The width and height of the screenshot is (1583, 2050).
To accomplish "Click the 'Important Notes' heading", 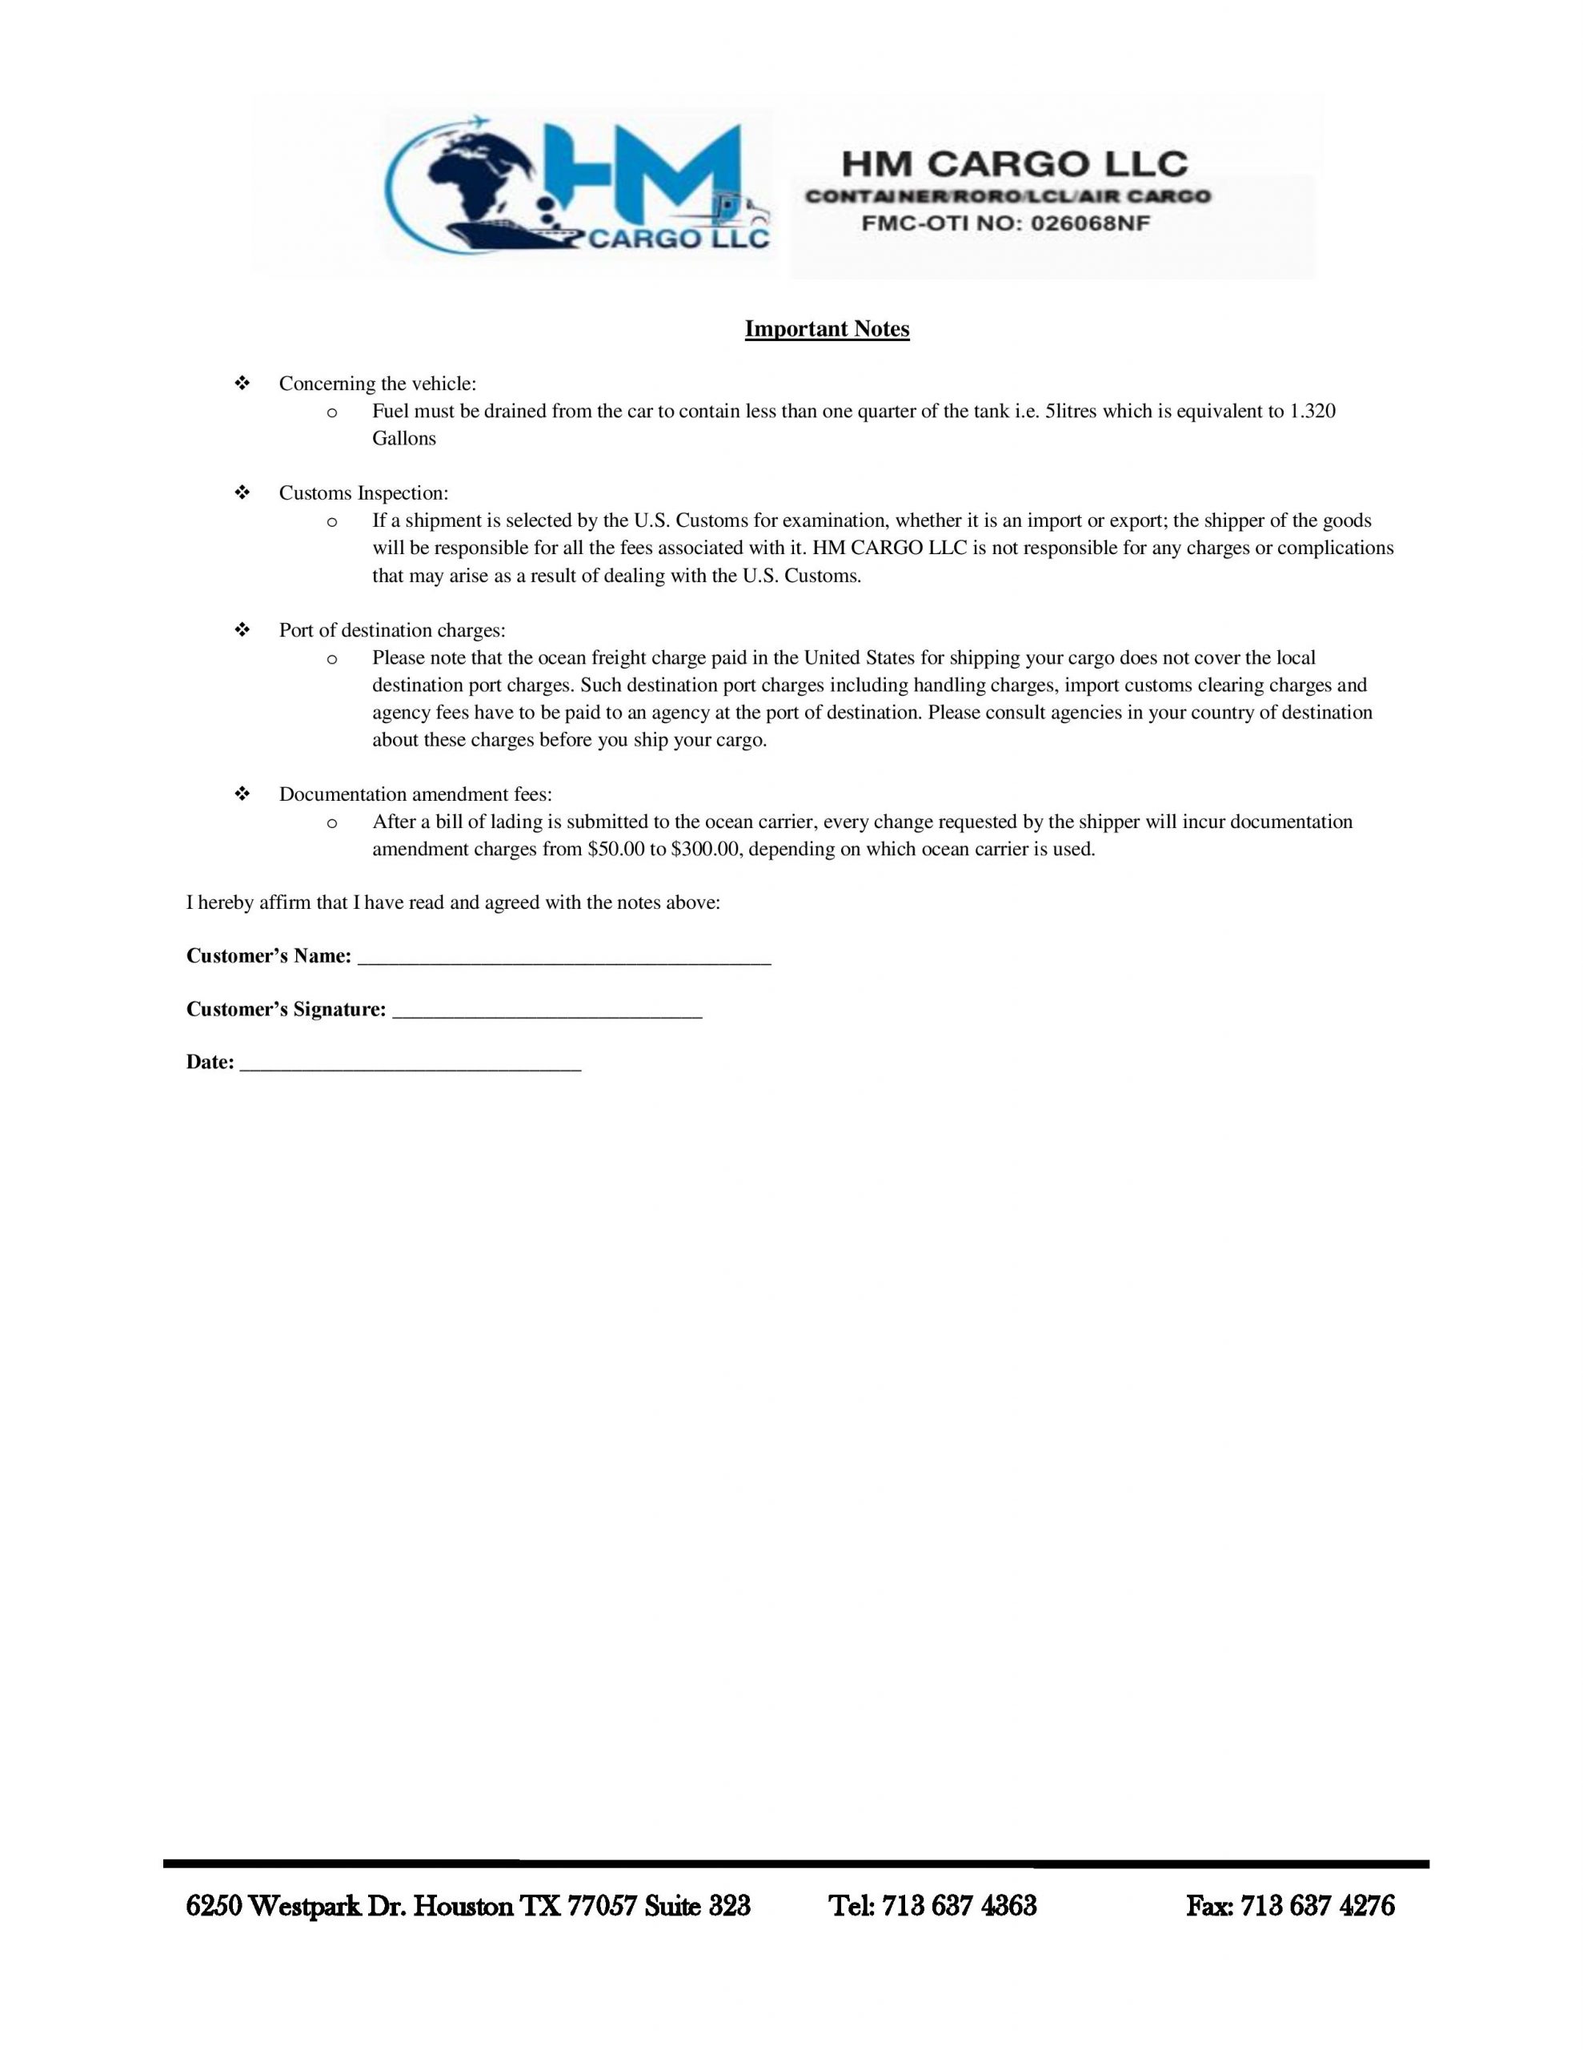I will (827, 329).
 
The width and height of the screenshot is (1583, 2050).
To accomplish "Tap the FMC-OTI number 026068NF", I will (1089, 224).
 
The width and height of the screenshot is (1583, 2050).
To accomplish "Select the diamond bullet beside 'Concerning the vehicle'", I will (241, 384).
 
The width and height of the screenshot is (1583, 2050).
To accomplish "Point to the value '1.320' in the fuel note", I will (1312, 411).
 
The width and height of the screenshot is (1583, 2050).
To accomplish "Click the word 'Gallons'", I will (403, 438).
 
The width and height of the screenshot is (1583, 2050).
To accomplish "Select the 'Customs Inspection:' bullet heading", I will (363, 492).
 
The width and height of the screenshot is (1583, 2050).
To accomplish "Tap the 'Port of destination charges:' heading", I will (391, 630).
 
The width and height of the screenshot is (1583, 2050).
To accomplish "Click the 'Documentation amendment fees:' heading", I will (415, 794).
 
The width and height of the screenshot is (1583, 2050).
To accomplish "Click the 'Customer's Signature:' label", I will (287, 1009).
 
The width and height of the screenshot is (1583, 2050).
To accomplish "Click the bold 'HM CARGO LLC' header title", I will (1013, 165).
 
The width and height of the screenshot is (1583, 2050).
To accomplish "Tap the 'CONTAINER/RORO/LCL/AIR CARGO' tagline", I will (1008, 197).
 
